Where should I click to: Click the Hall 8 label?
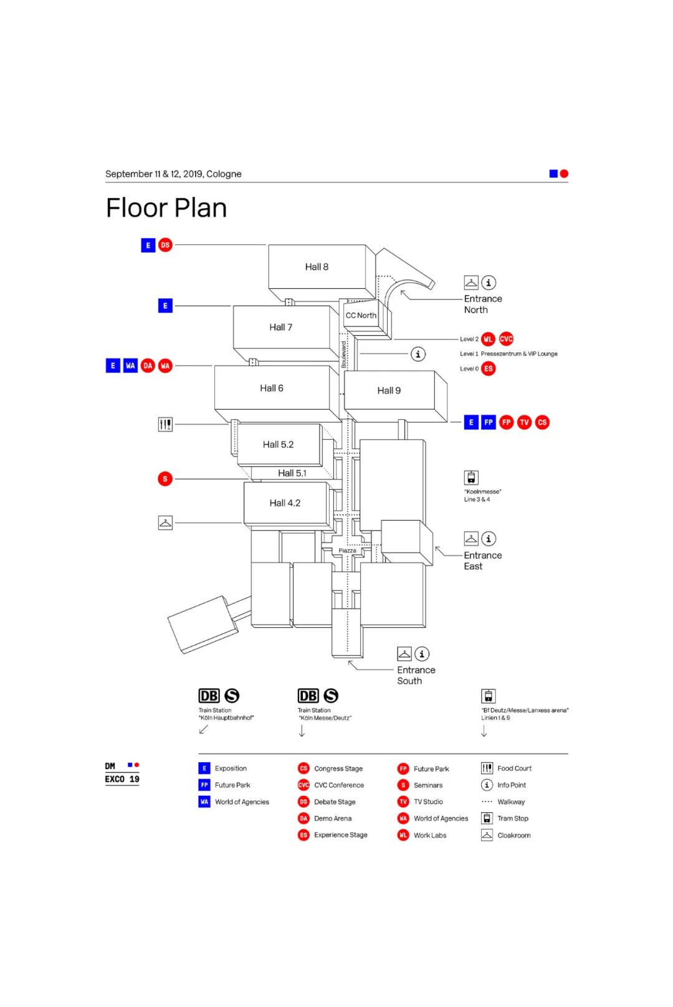coord(317,267)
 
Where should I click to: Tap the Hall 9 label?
coord(389,390)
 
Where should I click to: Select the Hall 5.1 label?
coord(292,473)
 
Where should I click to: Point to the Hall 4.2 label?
coord(285,503)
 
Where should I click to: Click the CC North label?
coord(361,316)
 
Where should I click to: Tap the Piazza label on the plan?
coord(347,551)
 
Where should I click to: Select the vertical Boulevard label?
coord(343,354)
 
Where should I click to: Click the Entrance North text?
coord(482,305)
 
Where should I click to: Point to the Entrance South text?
coord(416,675)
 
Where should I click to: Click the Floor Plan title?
coord(166,208)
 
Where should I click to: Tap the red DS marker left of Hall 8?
coord(165,245)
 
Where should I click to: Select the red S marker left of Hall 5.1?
coord(165,479)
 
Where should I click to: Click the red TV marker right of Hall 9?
coord(525,422)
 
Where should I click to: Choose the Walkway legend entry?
coord(510,802)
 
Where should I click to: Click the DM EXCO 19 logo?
coord(122,773)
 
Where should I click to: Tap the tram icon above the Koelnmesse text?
coord(471,478)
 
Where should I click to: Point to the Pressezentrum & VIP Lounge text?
coord(518,354)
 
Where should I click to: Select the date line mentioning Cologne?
coord(173,174)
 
